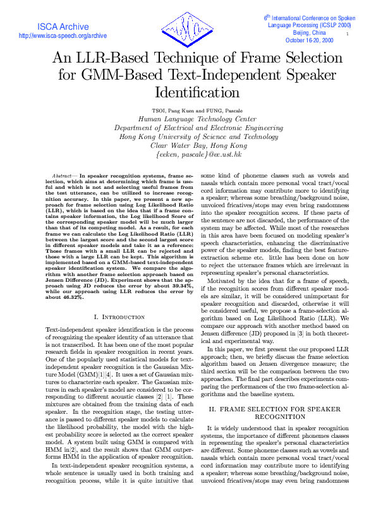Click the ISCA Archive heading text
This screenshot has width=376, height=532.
tap(63, 27)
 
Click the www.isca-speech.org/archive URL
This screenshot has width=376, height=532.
tap(63, 36)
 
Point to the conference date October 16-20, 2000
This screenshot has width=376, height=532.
tap(310, 40)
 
